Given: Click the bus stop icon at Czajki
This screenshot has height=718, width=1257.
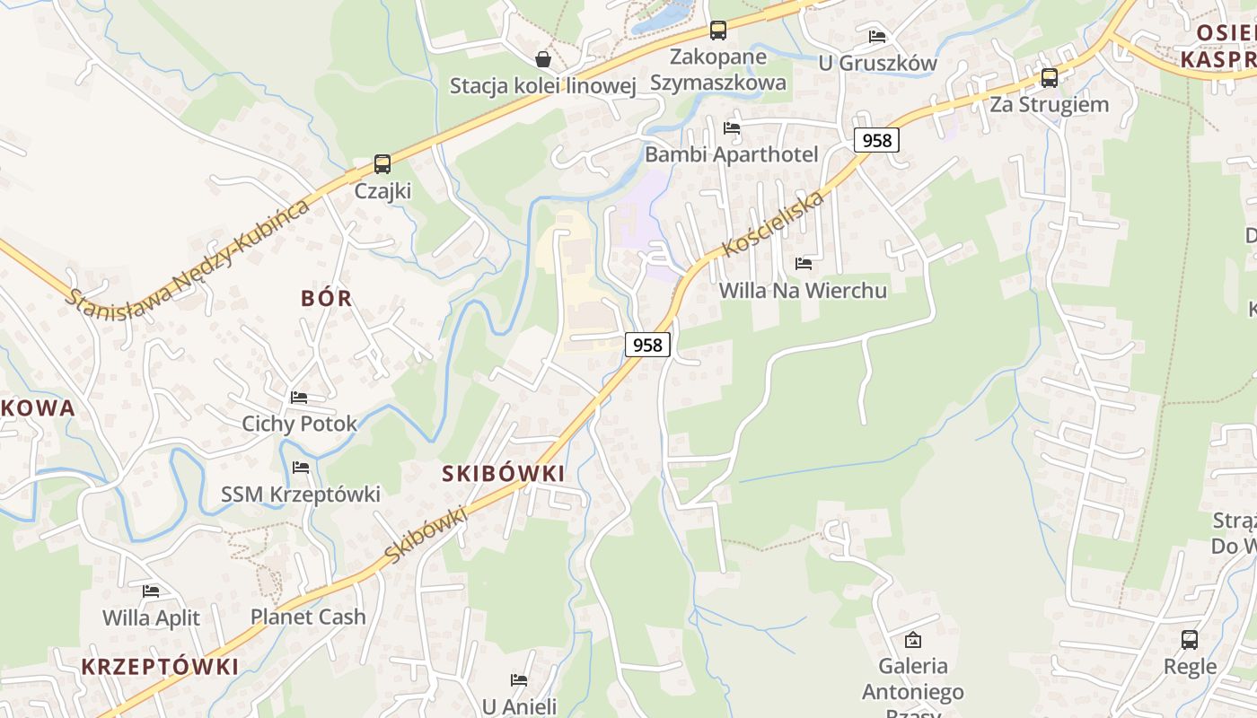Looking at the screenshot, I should tap(382, 164).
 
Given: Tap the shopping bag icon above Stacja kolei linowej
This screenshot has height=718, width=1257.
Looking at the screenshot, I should tap(543, 59).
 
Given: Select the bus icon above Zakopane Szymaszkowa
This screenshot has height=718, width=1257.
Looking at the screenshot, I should tap(717, 31).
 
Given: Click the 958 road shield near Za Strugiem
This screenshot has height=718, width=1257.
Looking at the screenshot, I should tap(876, 140).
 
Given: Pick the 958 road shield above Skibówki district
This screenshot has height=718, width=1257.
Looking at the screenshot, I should tap(647, 345).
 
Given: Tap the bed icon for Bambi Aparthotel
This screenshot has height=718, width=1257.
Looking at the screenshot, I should tap(732, 128).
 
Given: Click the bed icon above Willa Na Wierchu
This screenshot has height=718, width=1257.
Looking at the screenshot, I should tap(804, 264).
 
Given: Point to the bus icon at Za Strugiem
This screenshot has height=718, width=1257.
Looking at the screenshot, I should tap(1049, 78).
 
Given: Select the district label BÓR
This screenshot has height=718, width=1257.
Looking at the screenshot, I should tap(327, 299).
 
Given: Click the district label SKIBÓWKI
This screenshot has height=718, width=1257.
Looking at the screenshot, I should tap(504, 474).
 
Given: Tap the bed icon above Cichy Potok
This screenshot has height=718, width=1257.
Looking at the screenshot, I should tap(299, 397).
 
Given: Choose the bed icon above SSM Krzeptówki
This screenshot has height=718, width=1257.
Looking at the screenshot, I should tap(301, 468).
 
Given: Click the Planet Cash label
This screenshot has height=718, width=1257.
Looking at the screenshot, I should tap(308, 617).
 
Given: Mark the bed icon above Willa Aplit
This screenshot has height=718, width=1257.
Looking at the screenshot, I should tap(151, 591).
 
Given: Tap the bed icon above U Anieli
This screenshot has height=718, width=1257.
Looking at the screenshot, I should tap(519, 680).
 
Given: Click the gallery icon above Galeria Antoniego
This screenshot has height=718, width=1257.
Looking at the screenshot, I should tap(913, 640).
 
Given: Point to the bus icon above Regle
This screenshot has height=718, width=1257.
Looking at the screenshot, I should tap(1190, 640).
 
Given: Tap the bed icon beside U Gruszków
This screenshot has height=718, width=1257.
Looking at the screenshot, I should tap(877, 37).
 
